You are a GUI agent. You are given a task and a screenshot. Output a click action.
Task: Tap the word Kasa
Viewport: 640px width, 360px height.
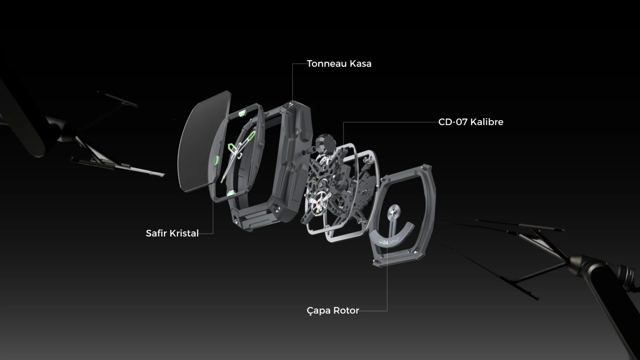[x=361, y=64]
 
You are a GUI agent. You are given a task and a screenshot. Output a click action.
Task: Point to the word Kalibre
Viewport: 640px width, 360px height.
[x=488, y=122]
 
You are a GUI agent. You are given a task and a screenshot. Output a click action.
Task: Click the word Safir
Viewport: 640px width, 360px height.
[x=157, y=233]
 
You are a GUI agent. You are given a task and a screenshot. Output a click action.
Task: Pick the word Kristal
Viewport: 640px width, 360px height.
[x=184, y=233]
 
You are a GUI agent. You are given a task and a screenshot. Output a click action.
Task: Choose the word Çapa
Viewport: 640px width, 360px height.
[x=320, y=311]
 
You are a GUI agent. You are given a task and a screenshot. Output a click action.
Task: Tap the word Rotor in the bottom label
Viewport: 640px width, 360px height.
[x=347, y=311]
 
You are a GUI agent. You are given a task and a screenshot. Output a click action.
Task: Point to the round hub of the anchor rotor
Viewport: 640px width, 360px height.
[x=394, y=210]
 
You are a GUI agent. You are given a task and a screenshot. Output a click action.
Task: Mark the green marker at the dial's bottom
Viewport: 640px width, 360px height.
[x=231, y=193]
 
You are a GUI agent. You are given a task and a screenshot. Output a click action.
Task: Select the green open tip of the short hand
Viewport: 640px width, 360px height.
[x=232, y=148]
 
